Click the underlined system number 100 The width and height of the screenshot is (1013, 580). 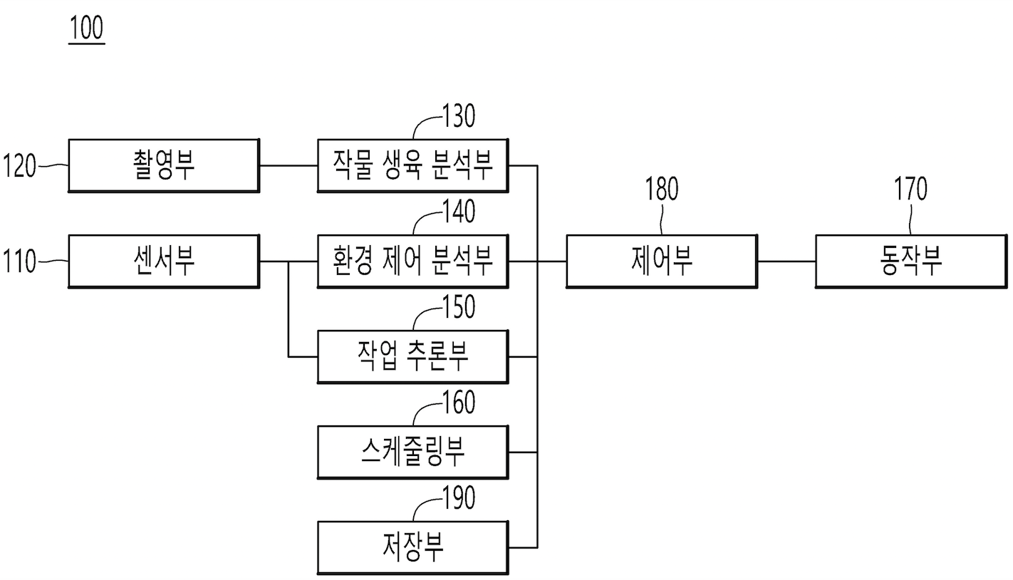pyautogui.click(x=86, y=29)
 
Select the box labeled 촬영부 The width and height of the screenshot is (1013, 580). pyautogui.click(x=163, y=165)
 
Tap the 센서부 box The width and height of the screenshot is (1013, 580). pyautogui.click(x=163, y=261)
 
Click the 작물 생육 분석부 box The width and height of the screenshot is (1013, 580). pyautogui.click(x=412, y=165)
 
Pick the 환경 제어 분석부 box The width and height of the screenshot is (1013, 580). pyautogui.click(x=412, y=261)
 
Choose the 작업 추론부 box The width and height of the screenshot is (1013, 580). pyautogui.click(x=412, y=356)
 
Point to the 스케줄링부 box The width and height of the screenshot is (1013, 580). pyautogui.click(x=412, y=452)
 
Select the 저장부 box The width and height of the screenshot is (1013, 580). pyautogui.click(x=412, y=547)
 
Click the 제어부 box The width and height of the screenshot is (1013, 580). pyautogui.click(x=662, y=261)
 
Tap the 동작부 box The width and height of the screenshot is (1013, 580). pyautogui.click(x=911, y=261)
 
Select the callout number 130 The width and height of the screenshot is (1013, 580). pyautogui.click(x=458, y=116)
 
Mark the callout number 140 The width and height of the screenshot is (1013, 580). pyautogui.click(x=458, y=212)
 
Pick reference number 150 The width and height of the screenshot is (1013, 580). pyautogui.click(x=458, y=307)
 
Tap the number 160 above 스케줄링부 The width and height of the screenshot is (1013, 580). pyautogui.click(x=458, y=403)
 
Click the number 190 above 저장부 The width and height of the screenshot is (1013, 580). pyautogui.click(x=458, y=499)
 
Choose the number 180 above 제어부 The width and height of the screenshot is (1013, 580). pyautogui.click(x=662, y=190)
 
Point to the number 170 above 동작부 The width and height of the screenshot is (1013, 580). pyautogui.click(x=911, y=190)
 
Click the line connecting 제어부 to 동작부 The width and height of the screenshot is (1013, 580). pyautogui.click(x=786, y=261)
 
